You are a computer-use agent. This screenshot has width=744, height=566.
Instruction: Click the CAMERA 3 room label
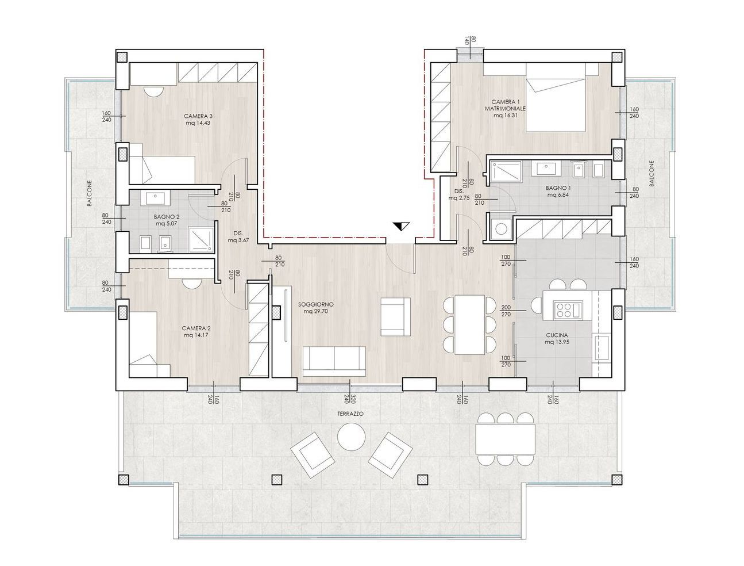pyautogui.click(x=198, y=116)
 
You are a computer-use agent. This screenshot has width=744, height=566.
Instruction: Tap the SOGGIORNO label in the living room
pyautogui.click(x=316, y=304)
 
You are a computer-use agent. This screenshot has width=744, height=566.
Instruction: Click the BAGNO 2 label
pyautogui.click(x=167, y=217)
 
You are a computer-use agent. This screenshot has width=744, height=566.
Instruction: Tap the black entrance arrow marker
pyautogui.click(x=402, y=226)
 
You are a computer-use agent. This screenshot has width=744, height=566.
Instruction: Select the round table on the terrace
pyautogui.click(x=352, y=437)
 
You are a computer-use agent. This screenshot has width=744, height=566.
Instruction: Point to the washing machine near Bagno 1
pyautogui.click(x=501, y=228)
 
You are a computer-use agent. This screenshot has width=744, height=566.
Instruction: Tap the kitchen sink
pyautogui.click(x=602, y=347)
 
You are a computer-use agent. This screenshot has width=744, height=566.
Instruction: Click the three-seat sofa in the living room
pyautogui.click(x=334, y=361)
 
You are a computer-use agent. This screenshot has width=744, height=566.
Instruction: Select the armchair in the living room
pyautogui.click(x=396, y=316)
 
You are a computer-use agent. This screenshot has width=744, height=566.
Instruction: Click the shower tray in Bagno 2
pyautogui.click(x=201, y=240)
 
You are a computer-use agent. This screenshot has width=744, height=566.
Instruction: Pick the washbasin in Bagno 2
pyautogui.click(x=155, y=199)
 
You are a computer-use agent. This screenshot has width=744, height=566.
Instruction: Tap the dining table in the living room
pyautogui.click(x=469, y=325)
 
